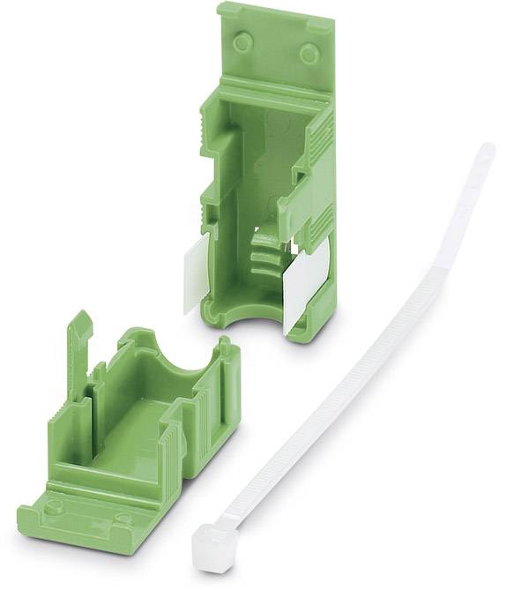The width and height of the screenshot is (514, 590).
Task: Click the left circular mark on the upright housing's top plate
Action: point(242,40)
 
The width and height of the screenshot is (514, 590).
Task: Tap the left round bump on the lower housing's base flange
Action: point(55,505)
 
